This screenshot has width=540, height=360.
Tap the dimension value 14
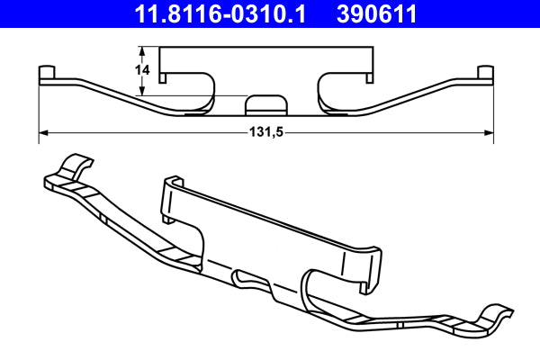point(141,68)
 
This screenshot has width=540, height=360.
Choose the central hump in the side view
point(263,102)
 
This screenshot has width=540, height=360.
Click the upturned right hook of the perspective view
point(498,318)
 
